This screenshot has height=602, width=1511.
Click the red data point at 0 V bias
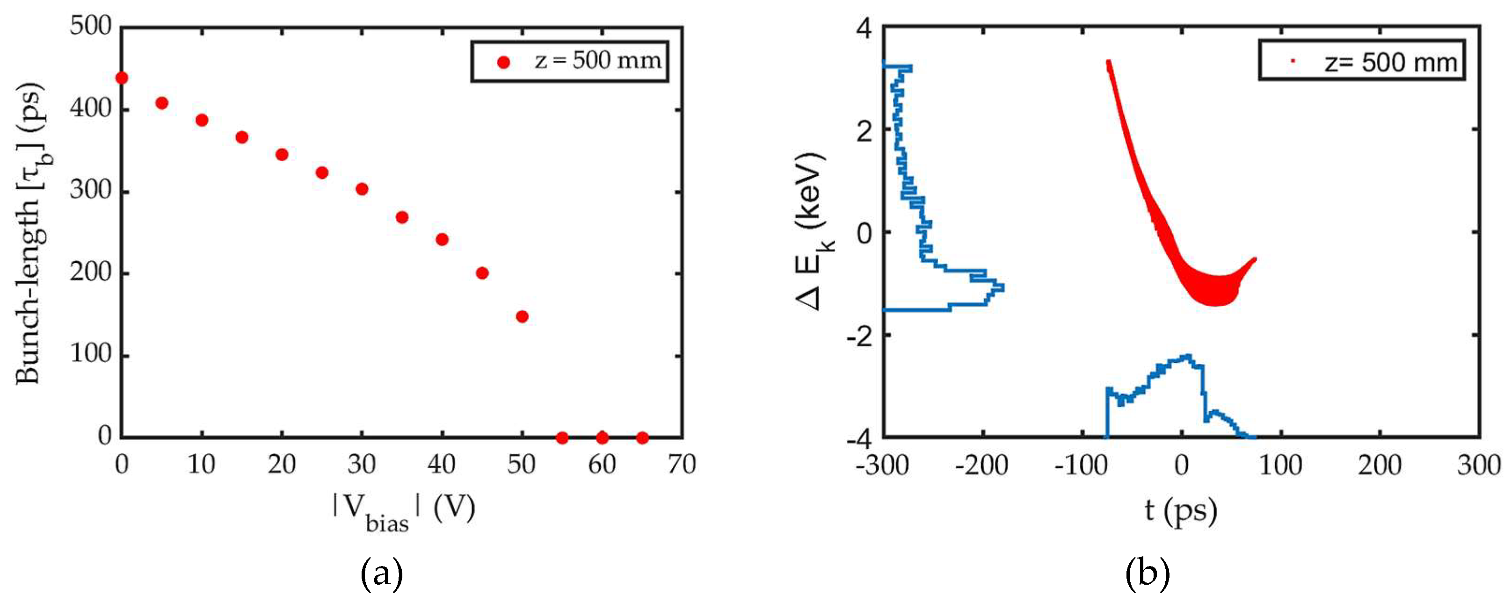tap(122, 78)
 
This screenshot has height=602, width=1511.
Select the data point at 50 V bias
tap(522, 316)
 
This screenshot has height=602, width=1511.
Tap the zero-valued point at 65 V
tap(642, 438)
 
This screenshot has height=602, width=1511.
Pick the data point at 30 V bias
tap(362, 189)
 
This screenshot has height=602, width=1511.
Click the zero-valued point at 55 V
tap(562, 438)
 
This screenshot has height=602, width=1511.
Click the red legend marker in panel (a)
tap(503, 62)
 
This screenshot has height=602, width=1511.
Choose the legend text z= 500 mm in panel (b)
tap(1390, 62)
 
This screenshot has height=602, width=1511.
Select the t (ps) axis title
tap(1180, 510)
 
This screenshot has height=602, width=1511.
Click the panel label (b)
tap(1148, 574)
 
